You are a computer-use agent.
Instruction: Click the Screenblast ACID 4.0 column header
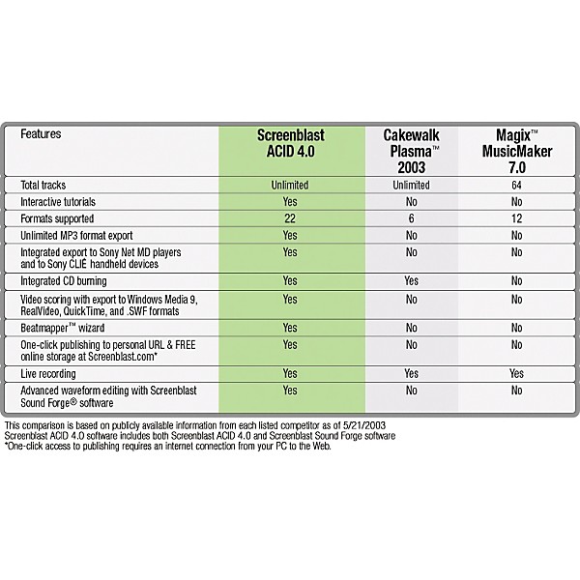289,146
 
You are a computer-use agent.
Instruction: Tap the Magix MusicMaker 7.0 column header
516,153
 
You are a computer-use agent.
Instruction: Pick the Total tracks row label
48,184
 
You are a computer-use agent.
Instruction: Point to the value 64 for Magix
516,184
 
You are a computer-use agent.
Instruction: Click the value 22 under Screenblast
289,218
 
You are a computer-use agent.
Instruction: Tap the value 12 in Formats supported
516,218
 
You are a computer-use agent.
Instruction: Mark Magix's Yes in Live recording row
516,372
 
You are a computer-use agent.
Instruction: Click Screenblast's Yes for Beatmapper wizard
289,328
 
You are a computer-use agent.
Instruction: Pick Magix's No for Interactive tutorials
516,201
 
